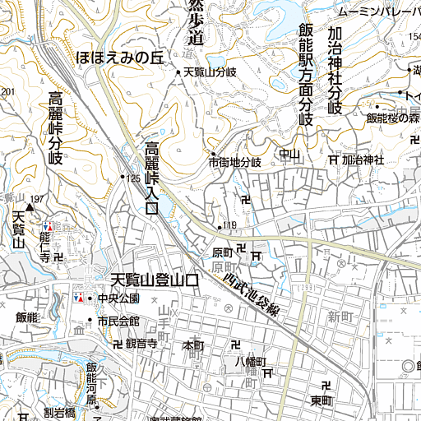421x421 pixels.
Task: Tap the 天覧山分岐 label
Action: point(210,73)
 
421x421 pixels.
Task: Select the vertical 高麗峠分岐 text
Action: point(56,128)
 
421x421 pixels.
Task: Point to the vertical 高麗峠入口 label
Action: point(152,179)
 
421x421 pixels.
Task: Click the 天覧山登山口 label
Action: point(155,280)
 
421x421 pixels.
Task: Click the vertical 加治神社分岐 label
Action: point(334,70)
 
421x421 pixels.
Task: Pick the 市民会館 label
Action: point(118,321)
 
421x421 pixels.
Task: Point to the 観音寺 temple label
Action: point(141,344)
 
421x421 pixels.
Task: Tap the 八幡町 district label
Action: point(251,362)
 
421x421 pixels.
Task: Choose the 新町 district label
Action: point(339,317)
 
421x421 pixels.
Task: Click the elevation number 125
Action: point(133,178)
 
